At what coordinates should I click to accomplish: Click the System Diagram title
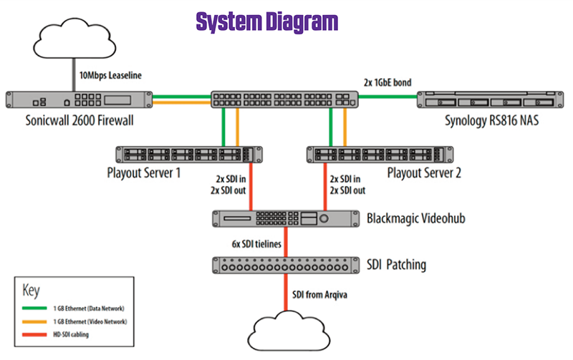click(266, 21)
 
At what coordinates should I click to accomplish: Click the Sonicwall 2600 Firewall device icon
click(79, 101)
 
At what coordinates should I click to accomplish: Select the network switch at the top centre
click(284, 101)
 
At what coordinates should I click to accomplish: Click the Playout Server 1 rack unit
click(188, 155)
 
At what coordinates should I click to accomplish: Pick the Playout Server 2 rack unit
click(380, 155)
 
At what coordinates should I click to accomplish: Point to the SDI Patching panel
click(285, 265)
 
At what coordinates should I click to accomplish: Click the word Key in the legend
click(30, 289)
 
